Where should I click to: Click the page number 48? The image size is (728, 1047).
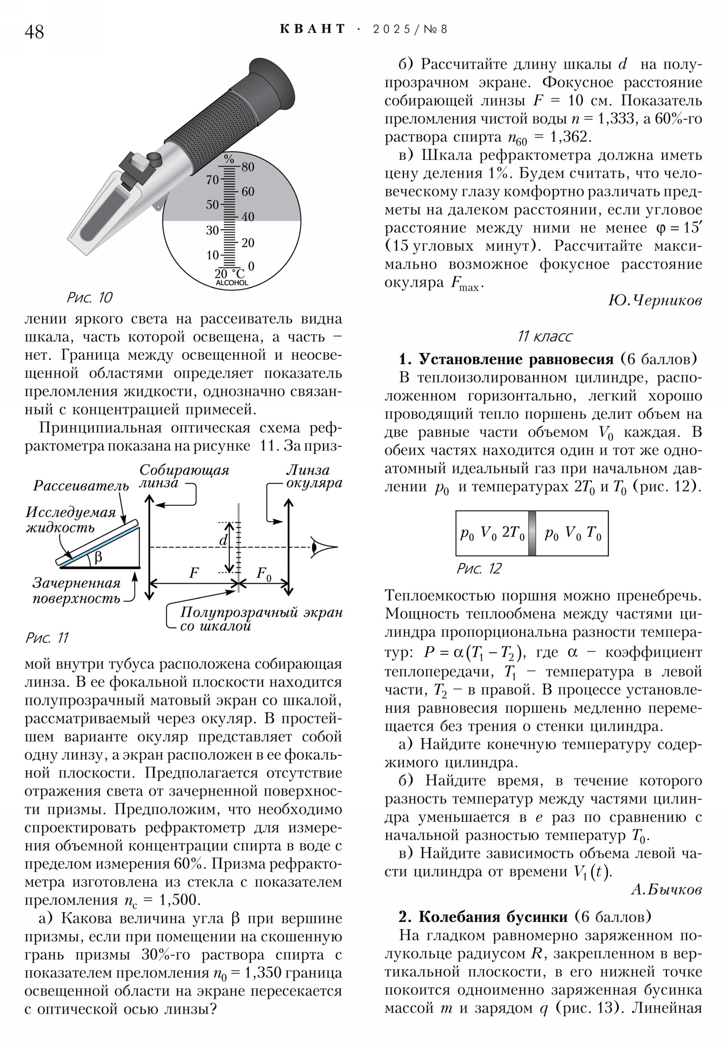point(34,32)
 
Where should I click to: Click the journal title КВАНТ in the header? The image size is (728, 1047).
point(312,29)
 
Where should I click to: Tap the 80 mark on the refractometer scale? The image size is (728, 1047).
point(248,167)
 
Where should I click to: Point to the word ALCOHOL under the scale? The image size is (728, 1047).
point(232,283)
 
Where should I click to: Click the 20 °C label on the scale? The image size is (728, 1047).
point(229,274)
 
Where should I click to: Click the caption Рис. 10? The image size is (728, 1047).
point(89,298)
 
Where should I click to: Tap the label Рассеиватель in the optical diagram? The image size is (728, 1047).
point(81,486)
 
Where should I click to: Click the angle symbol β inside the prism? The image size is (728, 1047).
point(98,557)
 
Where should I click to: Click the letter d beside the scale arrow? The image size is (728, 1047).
point(223,540)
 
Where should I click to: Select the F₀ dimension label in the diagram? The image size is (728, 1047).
point(264,574)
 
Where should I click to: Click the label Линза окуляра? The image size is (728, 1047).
point(313,477)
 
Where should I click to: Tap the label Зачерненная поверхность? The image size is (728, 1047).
point(76,590)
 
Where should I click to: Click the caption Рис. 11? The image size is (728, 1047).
point(46,637)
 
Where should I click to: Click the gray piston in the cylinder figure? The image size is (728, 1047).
point(531,533)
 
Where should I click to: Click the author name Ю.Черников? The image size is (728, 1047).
point(655,300)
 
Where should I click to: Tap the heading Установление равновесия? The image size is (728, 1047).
point(516,359)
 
